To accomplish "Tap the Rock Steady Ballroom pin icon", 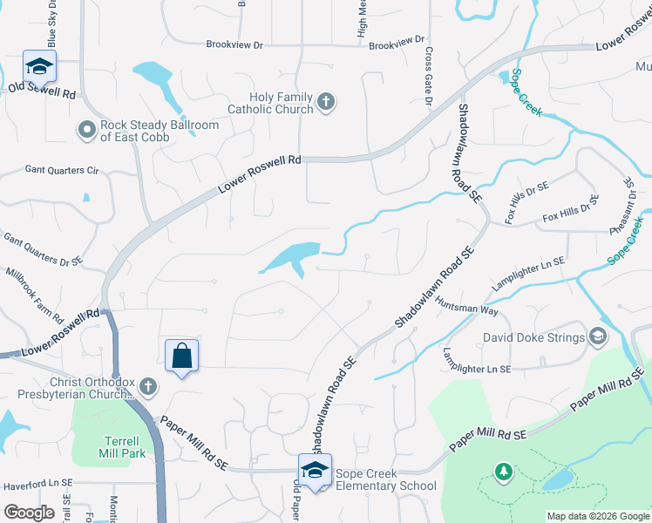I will (x=86, y=131).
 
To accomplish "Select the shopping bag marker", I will (x=181, y=356).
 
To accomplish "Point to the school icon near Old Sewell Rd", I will (x=38, y=66).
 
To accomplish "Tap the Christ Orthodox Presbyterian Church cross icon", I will (x=148, y=385).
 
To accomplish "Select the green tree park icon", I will (x=502, y=472).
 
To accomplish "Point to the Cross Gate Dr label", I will (x=429, y=76).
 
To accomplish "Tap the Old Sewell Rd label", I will (x=43, y=88).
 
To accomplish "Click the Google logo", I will (x=29, y=513).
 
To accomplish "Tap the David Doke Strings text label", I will (x=534, y=336).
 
